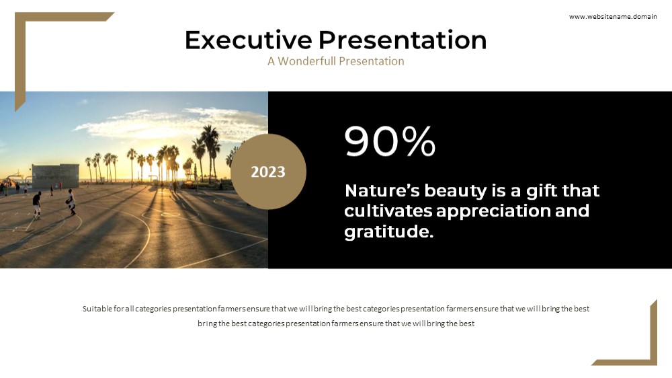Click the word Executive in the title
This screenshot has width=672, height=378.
(x=248, y=40)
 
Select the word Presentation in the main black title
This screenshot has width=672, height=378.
(x=403, y=40)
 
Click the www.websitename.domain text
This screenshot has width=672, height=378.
(x=613, y=17)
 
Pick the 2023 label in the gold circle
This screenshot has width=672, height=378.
(x=268, y=172)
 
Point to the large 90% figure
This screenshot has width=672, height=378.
(x=390, y=141)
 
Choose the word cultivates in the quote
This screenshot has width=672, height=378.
(x=388, y=211)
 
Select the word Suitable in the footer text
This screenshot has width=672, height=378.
(x=97, y=309)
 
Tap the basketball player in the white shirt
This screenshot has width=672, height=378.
(x=71, y=202)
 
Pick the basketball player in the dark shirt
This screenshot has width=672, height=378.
(x=37, y=204)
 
